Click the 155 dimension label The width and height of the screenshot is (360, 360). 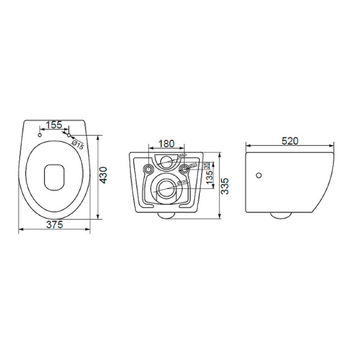(x=54, y=125)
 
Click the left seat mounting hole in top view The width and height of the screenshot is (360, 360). (x=40, y=134)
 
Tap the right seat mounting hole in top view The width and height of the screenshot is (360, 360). (x=69, y=134)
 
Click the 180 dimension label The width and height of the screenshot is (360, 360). (x=166, y=145)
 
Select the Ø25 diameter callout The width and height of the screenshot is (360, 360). (x=193, y=166)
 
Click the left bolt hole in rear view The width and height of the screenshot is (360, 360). (x=148, y=169)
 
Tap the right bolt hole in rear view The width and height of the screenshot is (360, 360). (x=184, y=169)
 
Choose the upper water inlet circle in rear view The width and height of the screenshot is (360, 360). (x=166, y=160)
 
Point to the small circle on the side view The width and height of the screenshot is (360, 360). (x=259, y=175)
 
